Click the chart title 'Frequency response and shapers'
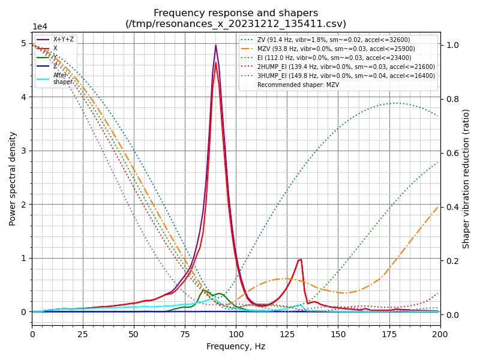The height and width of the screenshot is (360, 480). (x=236, y=13)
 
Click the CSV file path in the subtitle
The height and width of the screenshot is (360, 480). (x=236, y=24)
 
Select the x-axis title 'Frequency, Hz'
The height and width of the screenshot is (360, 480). (x=236, y=346)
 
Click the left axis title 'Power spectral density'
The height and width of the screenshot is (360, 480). (x=13, y=178)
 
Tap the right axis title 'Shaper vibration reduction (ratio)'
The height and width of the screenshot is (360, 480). (x=466, y=178)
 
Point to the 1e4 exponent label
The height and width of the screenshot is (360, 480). (x=40, y=27)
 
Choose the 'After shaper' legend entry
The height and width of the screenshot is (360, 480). (x=62, y=79)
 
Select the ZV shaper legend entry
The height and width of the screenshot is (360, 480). (x=336, y=40)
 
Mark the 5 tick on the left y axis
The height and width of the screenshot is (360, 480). (x=24, y=44)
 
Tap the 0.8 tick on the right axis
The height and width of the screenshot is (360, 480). (x=450, y=99)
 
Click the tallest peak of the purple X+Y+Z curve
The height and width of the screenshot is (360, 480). (x=216, y=45)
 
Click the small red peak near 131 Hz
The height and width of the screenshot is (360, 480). (x=300, y=259)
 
